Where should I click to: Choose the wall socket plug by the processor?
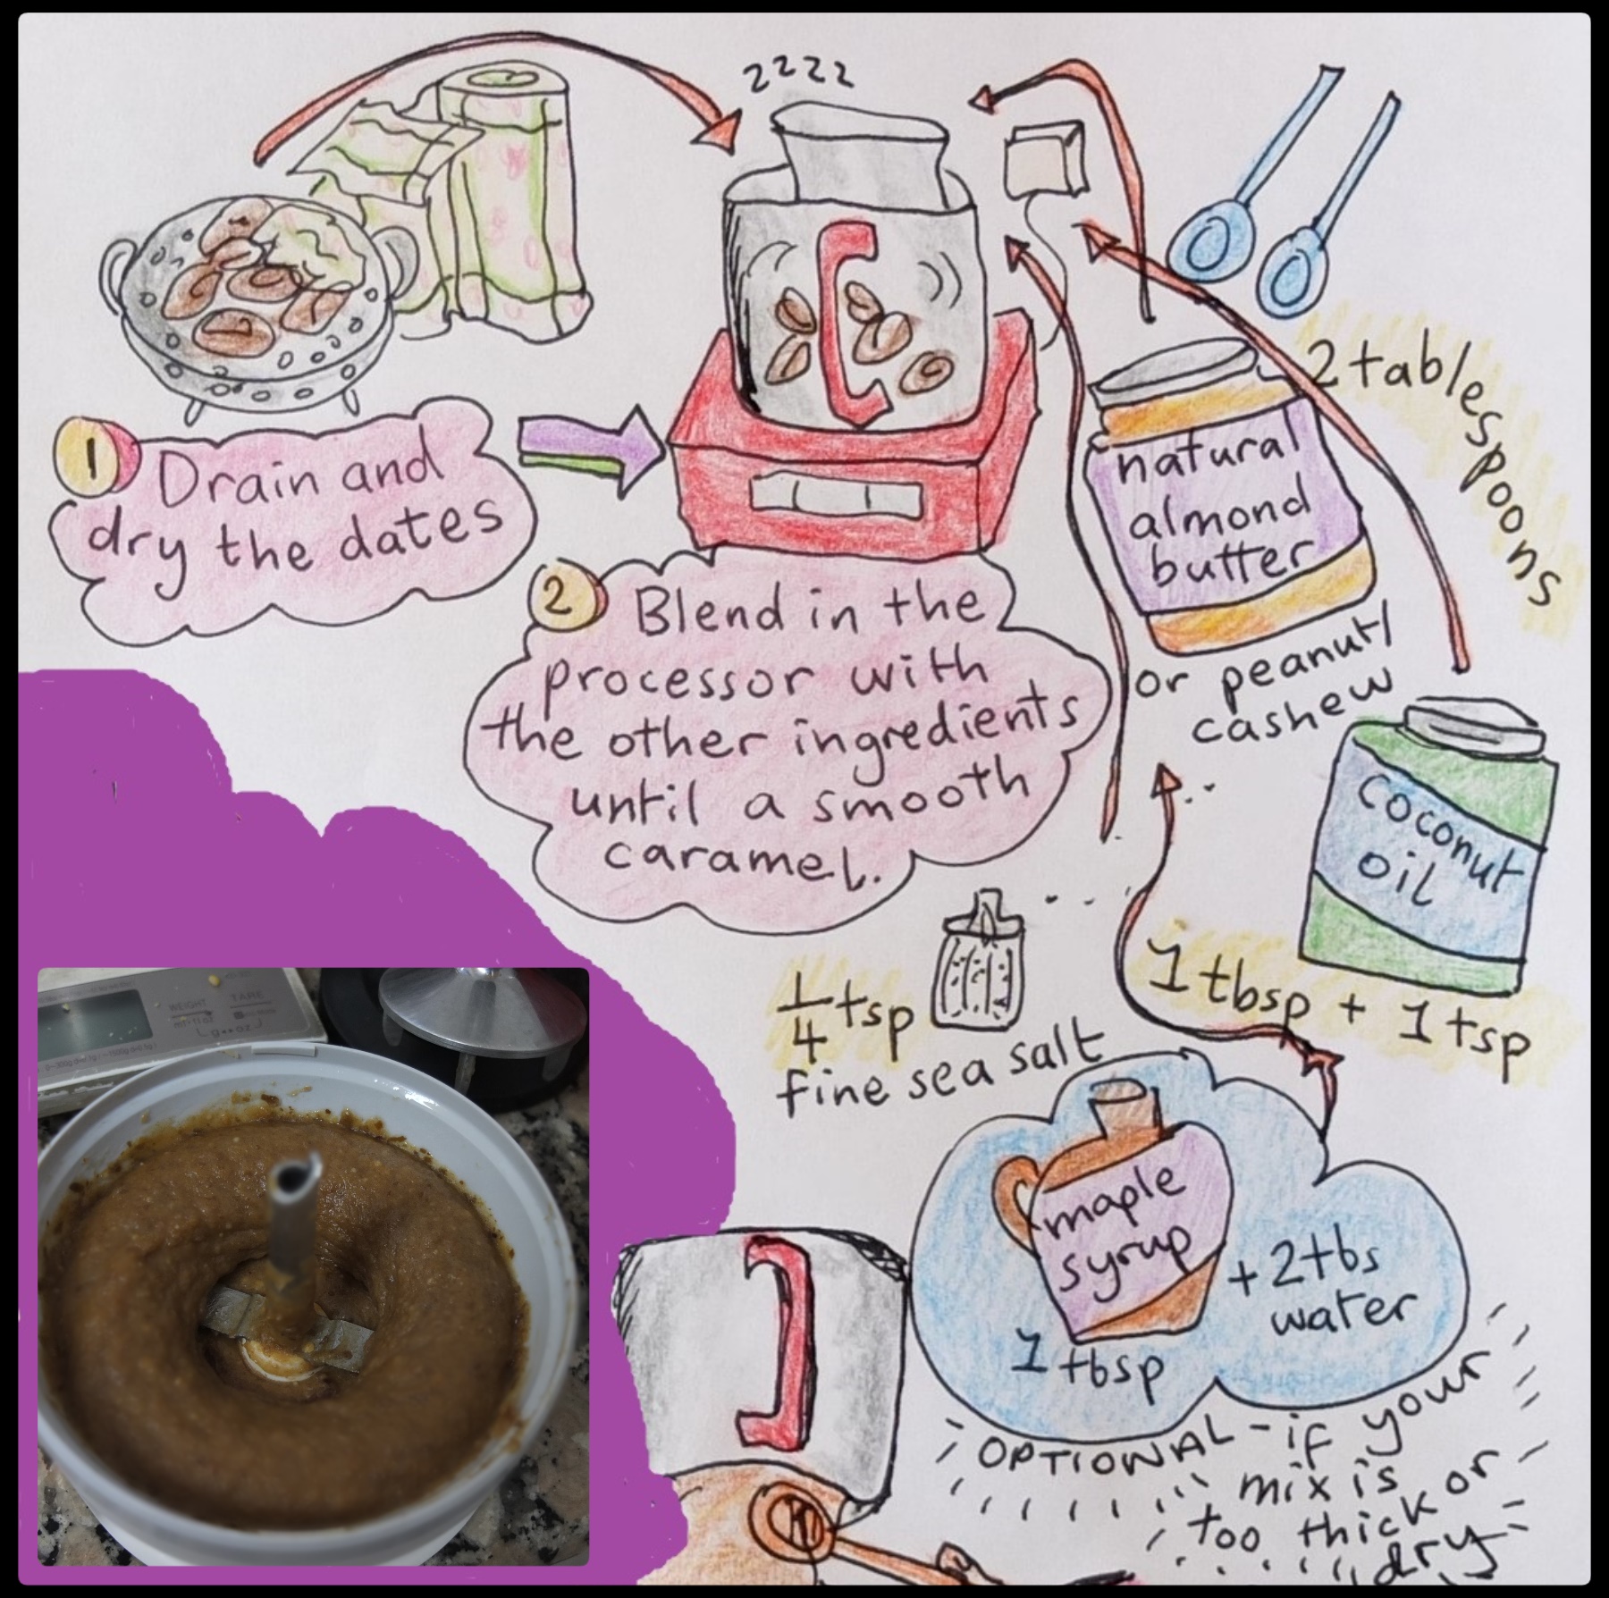click(1044, 165)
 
